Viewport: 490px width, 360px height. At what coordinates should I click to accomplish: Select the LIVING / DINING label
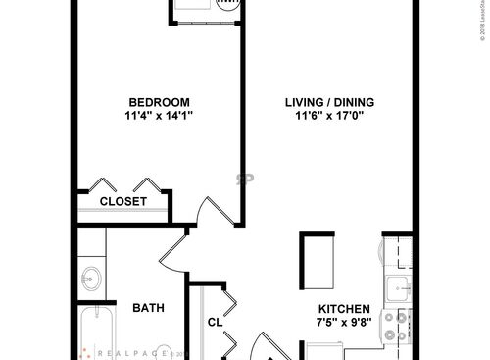[329, 102]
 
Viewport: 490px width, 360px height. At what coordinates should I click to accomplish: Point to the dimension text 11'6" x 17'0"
[329, 116]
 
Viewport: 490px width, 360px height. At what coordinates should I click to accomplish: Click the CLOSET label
[123, 201]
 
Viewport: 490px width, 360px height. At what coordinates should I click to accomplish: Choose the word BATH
[148, 308]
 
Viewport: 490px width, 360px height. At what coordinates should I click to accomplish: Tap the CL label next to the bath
[214, 321]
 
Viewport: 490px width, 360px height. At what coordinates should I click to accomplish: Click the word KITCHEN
[342, 308]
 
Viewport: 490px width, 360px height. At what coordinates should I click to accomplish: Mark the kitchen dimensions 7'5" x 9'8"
[342, 322]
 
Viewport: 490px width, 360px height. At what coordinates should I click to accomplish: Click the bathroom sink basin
[92, 277]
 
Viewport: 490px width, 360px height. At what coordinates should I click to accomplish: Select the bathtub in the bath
[95, 334]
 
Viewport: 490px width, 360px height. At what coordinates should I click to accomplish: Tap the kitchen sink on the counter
[398, 287]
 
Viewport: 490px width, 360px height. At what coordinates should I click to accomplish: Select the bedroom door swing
[213, 209]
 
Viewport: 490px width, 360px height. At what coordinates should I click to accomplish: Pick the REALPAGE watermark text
[127, 351]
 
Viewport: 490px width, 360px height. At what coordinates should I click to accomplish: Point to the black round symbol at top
[227, 4]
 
